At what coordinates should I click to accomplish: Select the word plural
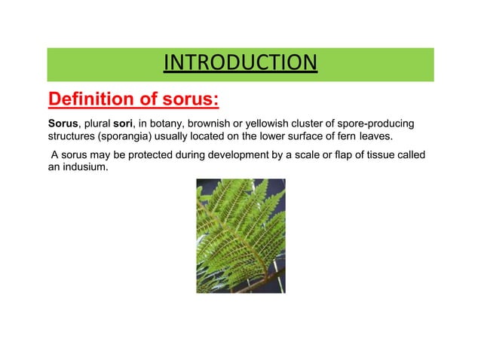(93, 124)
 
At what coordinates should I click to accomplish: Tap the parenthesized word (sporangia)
(115, 138)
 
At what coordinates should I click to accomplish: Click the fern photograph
(240, 235)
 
